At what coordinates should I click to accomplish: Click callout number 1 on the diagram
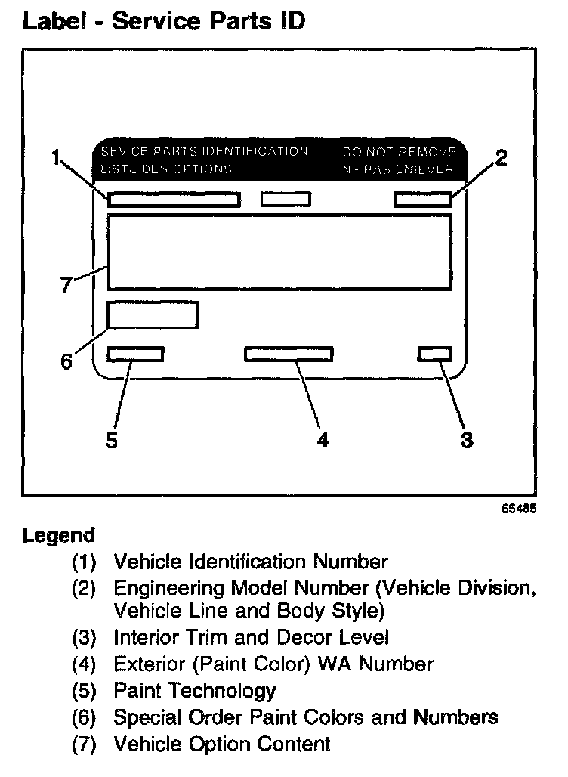[55, 158]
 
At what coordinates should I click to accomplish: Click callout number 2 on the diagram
[501, 158]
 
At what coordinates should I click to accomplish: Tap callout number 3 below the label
[467, 439]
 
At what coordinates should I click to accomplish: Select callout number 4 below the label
[323, 439]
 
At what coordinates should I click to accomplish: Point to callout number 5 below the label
[112, 439]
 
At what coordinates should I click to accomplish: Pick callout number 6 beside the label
[66, 361]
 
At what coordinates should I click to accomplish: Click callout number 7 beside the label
[66, 285]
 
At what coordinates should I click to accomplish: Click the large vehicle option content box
[279, 252]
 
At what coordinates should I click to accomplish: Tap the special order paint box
[153, 314]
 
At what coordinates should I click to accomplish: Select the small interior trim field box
[434, 354]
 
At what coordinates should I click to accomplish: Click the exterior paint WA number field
[289, 354]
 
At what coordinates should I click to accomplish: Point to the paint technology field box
[136, 354]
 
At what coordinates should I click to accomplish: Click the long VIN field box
[174, 200]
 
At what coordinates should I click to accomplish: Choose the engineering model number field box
[423, 200]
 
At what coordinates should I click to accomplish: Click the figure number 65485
[518, 509]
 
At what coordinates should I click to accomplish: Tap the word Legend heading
[59, 536]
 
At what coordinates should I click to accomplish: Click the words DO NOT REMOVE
[398, 151]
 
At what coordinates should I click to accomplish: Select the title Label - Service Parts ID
[164, 20]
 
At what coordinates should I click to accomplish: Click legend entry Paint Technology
[194, 690]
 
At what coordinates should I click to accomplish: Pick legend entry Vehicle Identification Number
[250, 562]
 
